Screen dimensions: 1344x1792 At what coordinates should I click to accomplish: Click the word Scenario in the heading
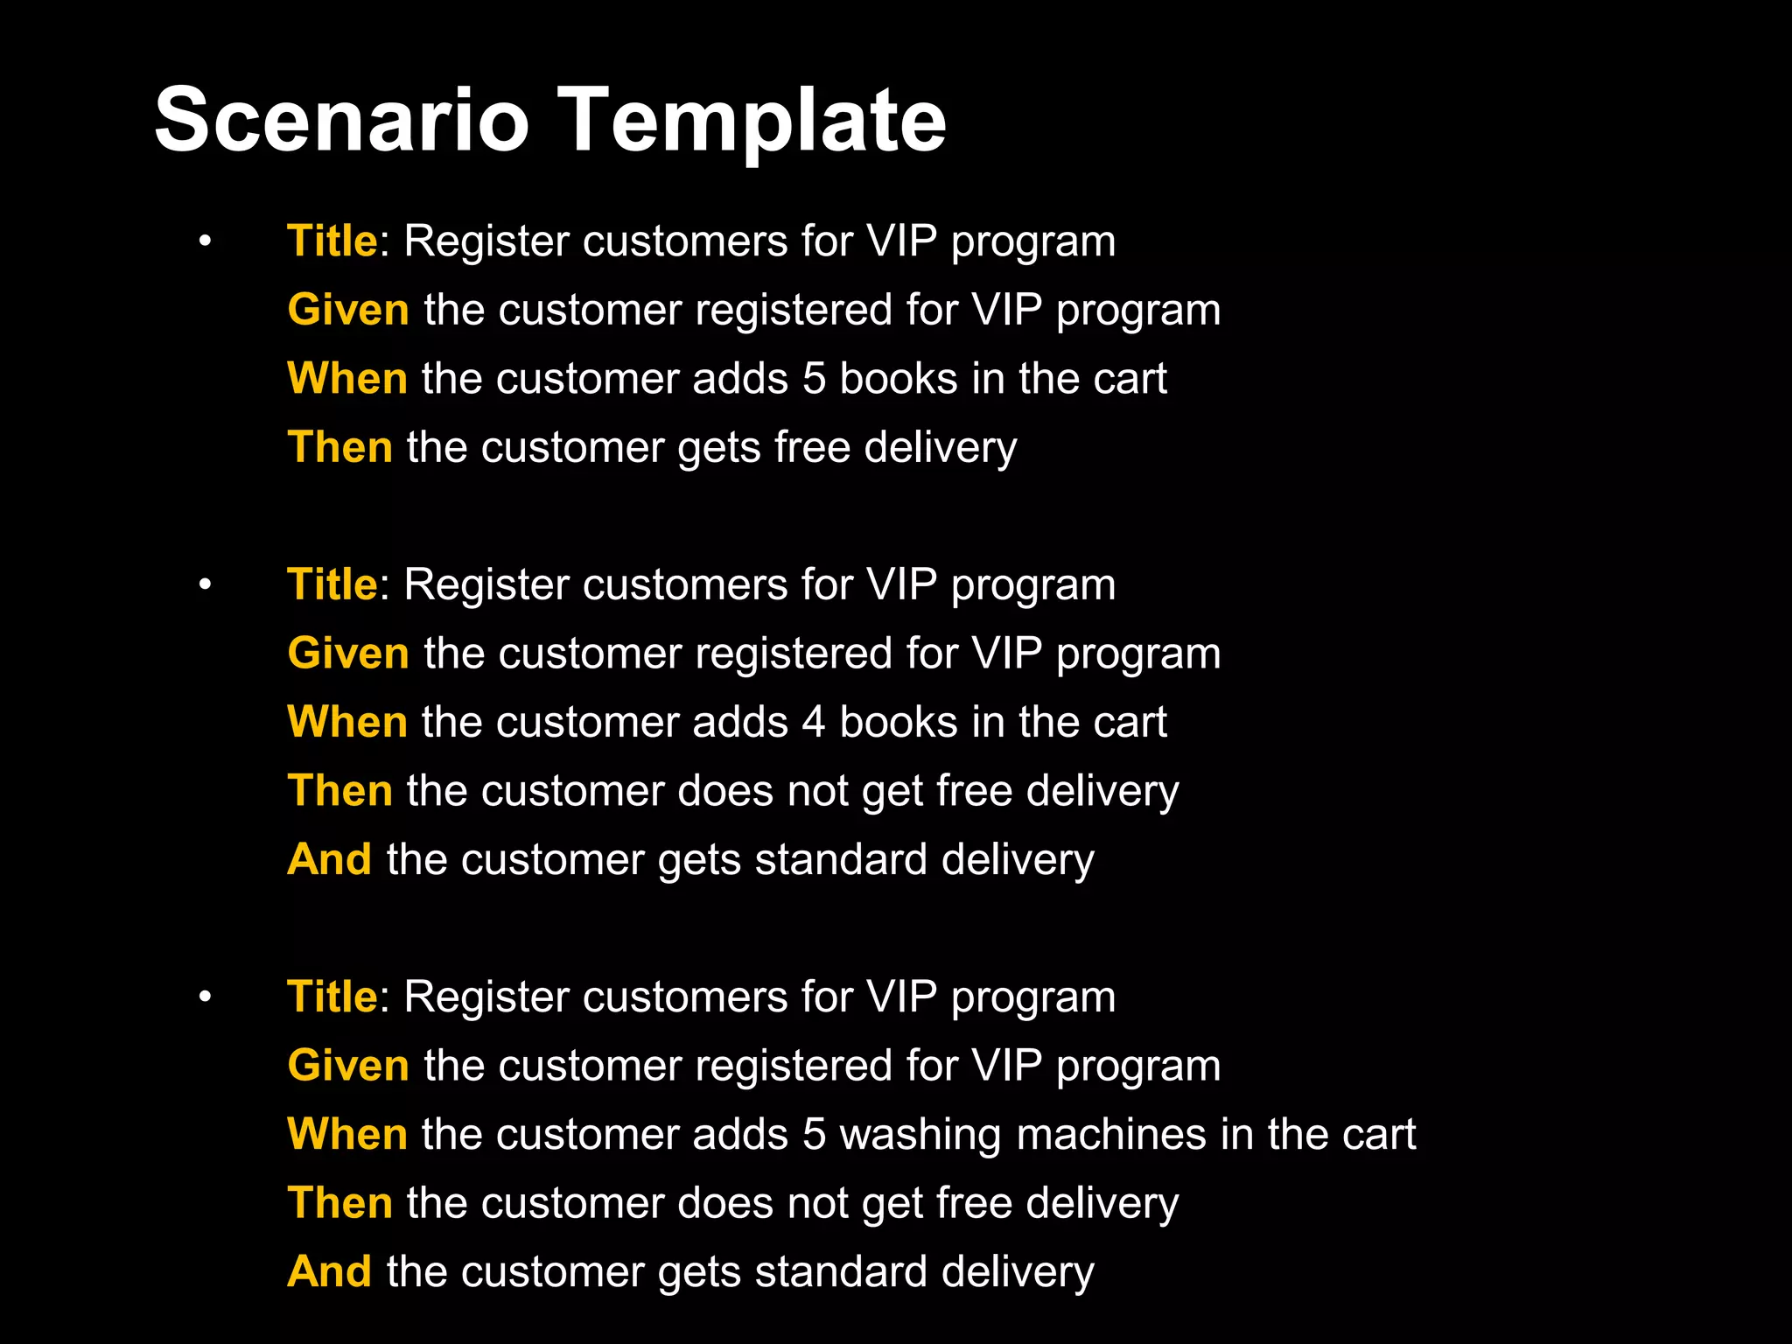click(341, 120)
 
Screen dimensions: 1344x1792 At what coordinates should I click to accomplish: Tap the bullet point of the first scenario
click(205, 241)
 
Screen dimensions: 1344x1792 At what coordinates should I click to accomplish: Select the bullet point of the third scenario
click(205, 997)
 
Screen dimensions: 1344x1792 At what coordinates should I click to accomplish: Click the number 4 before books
click(814, 722)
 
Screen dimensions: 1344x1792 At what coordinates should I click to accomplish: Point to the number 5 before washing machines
click(814, 1134)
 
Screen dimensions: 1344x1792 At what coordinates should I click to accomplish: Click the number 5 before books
click(814, 378)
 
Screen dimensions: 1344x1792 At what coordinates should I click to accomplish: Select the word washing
click(920, 1136)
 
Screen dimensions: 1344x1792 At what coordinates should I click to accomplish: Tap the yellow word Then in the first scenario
click(340, 447)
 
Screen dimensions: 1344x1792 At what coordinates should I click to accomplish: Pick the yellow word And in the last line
click(330, 1271)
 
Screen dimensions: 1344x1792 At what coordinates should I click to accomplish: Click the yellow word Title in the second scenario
click(332, 584)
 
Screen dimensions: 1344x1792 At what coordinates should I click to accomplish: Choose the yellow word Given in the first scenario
click(348, 310)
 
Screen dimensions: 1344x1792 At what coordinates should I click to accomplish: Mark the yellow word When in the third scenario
click(347, 1134)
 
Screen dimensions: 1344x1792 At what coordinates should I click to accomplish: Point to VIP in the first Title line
click(901, 241)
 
